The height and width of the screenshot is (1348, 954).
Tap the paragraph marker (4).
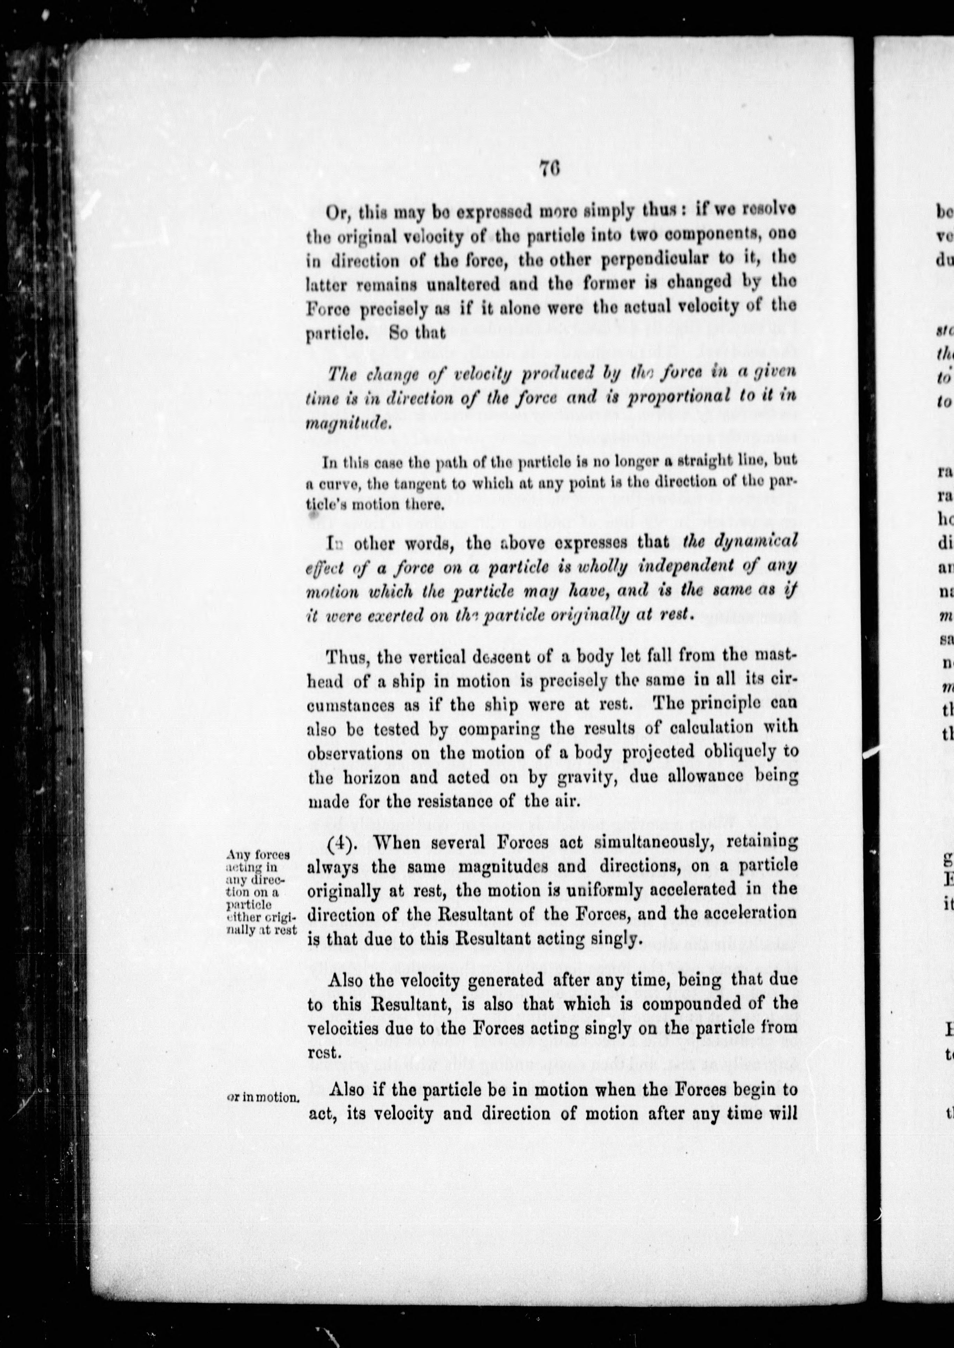(x=346, y=841)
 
